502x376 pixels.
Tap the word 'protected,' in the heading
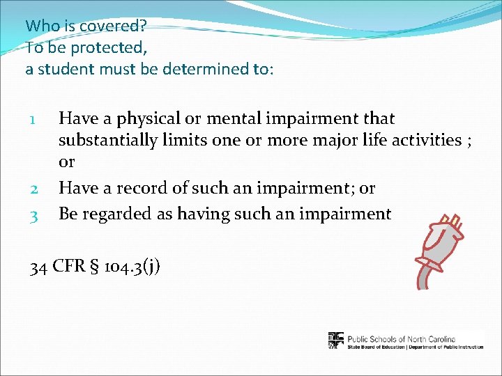(107, 47)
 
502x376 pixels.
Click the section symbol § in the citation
(93, 267)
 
